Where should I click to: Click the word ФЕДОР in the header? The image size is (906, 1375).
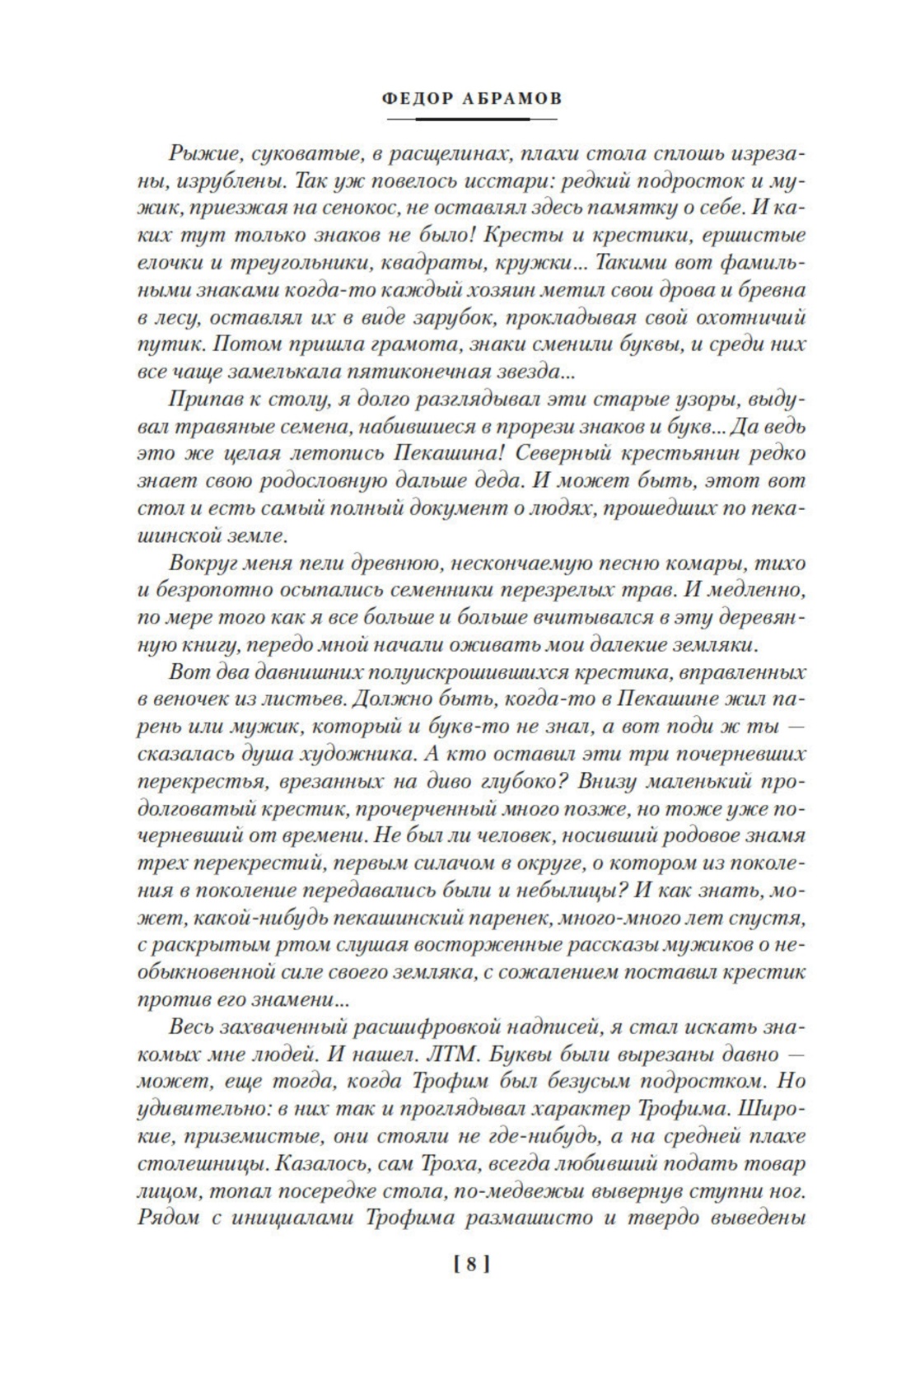tap(420, 99)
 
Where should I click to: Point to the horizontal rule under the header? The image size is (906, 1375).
tap(471, 119)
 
